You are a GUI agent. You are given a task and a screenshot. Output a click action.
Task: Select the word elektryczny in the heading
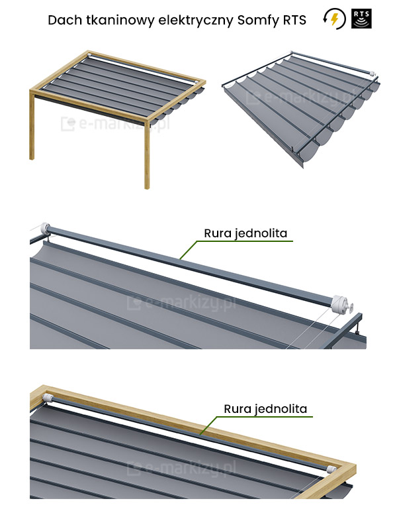click(196, 21)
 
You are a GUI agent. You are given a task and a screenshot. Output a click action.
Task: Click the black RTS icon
click(361, 19)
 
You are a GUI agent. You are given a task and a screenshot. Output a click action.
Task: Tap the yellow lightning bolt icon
click(335, 19)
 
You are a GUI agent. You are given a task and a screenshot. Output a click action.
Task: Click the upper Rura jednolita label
click(245, 233)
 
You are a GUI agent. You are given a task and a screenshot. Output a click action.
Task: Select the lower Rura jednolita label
click(265, 409)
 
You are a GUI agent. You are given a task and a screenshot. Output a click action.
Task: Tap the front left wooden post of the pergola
click(32, 125)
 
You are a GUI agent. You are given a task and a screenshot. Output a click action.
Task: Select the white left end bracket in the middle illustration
click(44, 228)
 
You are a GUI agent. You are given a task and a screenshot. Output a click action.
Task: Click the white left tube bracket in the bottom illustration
click(48, 398)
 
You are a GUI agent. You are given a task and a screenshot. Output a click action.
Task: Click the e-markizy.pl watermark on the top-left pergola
click(116, 124)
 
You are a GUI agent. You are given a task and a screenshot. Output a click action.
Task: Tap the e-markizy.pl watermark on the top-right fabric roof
click(300, 97)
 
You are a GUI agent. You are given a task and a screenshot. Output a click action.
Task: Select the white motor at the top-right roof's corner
click(372, 74)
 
